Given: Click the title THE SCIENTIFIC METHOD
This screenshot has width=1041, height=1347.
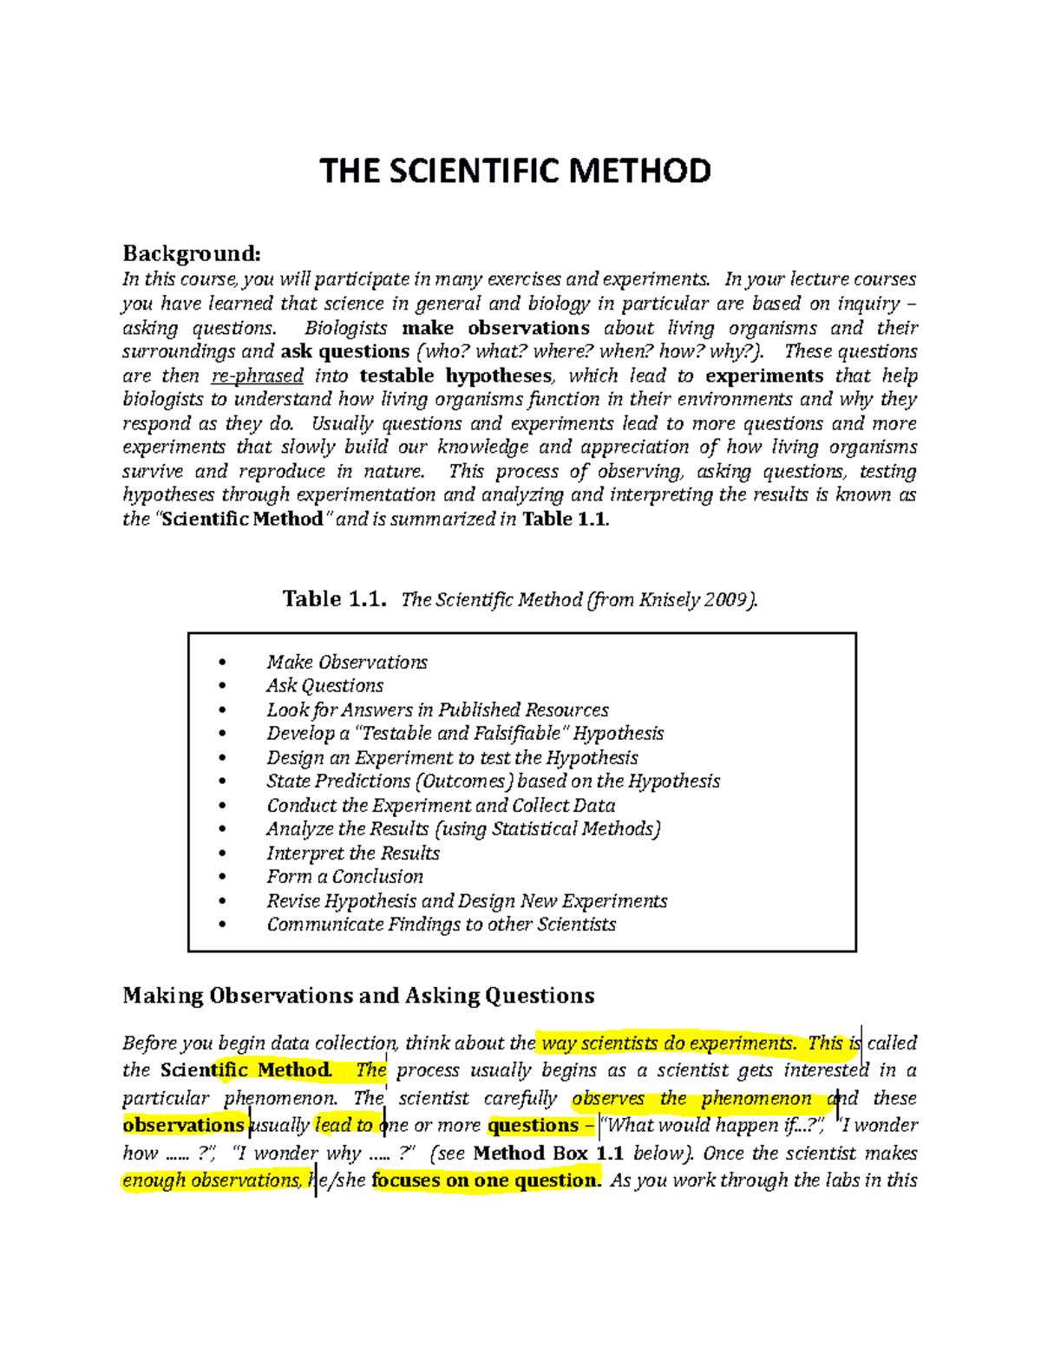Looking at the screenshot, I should click(515, 171).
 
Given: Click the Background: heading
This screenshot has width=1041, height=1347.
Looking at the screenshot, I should click(191, 253).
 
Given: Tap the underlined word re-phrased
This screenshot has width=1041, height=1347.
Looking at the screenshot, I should click(258, 376).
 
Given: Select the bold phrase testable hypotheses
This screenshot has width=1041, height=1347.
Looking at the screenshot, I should click(455, 376).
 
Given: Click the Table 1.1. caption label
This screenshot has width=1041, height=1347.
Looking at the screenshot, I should click(334, 599).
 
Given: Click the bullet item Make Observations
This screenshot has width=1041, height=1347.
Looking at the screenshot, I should click(347, 663).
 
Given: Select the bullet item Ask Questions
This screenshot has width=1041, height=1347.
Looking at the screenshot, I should click(324, 686).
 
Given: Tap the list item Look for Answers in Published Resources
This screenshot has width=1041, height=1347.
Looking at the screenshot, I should click(437, 710).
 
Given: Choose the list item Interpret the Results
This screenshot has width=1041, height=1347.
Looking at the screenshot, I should click(353, 853).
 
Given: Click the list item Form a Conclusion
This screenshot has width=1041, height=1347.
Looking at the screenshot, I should click(344, 877).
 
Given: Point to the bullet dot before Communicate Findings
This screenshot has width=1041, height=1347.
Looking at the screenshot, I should click(223, 925).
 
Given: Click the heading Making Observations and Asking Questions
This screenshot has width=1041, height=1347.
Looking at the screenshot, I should click(358, 996).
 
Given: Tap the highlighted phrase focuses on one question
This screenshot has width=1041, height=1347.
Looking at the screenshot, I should click(486, 1180).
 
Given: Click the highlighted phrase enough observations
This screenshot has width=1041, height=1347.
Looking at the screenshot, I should click(213, 1180).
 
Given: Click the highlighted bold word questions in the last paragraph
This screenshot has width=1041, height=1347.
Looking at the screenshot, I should click(533, 1126).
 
